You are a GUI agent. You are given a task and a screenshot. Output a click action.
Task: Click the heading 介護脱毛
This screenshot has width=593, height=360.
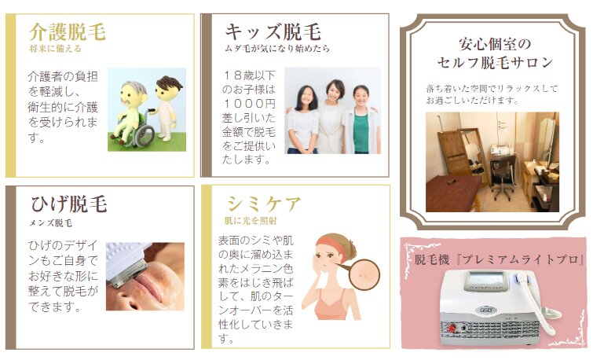68,32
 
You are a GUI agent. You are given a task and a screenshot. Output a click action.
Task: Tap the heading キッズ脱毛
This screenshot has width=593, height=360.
273,31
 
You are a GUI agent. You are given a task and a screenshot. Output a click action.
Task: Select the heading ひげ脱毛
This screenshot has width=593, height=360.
69,204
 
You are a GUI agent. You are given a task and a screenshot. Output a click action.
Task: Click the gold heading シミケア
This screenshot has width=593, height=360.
264,204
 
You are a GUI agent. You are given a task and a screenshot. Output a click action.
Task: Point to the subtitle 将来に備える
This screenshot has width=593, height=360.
55,49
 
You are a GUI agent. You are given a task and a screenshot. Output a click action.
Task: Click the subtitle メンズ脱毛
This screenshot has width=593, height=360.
51,223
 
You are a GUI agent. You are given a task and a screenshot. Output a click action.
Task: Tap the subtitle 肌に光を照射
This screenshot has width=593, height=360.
251,221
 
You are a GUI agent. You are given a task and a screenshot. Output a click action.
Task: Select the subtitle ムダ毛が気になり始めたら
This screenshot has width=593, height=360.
277,49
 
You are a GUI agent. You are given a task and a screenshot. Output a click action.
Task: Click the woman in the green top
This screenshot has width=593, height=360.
361,119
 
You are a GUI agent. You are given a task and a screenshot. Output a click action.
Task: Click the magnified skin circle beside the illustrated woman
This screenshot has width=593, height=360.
364,274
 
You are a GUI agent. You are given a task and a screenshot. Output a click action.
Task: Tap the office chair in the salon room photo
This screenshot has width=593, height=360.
501,178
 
